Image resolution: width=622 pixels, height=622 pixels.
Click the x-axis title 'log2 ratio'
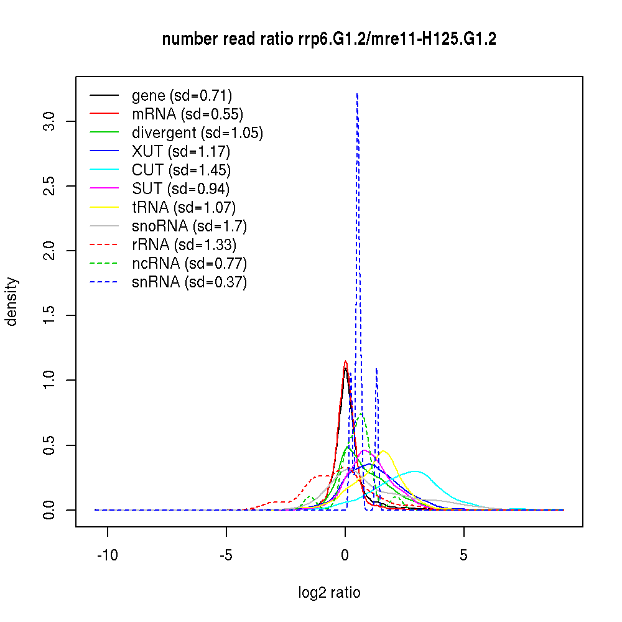pos(329,592)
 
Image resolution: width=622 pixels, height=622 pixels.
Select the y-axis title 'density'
pos(12,302)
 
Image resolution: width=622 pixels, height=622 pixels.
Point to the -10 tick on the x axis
pos(108,527)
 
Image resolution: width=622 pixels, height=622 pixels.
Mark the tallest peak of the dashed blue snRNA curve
pos(357,94)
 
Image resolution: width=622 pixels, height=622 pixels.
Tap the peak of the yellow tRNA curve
pos(383,450)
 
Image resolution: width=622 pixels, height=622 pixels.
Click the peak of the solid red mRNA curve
pos(345,361)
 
